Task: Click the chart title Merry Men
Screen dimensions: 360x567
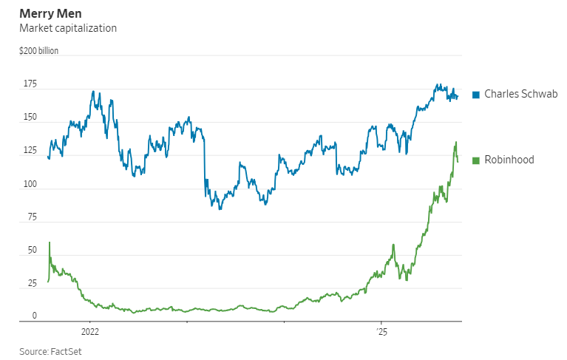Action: (50, 14)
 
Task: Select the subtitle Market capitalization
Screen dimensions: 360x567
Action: (68, 28)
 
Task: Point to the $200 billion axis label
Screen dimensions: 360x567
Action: (39, 51)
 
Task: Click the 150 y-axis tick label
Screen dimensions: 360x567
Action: (29, 118)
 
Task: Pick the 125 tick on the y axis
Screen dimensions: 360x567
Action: (29, 151)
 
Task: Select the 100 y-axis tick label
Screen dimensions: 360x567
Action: (29, 184)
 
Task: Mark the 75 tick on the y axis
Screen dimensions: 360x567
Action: (31, 217)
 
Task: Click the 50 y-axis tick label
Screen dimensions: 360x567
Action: (31, 251)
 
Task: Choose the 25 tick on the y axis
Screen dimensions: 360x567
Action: (31, 284)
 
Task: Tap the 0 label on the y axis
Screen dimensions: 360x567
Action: (34, 316)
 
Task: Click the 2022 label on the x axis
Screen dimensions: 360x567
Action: (89, 331)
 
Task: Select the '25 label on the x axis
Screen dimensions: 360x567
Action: (381, 331)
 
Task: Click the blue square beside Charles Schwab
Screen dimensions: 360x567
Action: (476, 95)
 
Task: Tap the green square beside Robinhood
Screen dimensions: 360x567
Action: (476, 160)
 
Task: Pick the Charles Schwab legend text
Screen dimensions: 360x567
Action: (520, 95)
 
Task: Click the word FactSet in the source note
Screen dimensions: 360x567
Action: (66, 351)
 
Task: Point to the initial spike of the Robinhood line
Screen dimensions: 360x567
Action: (50, 242)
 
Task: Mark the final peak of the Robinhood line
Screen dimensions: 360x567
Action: (455, 142)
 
